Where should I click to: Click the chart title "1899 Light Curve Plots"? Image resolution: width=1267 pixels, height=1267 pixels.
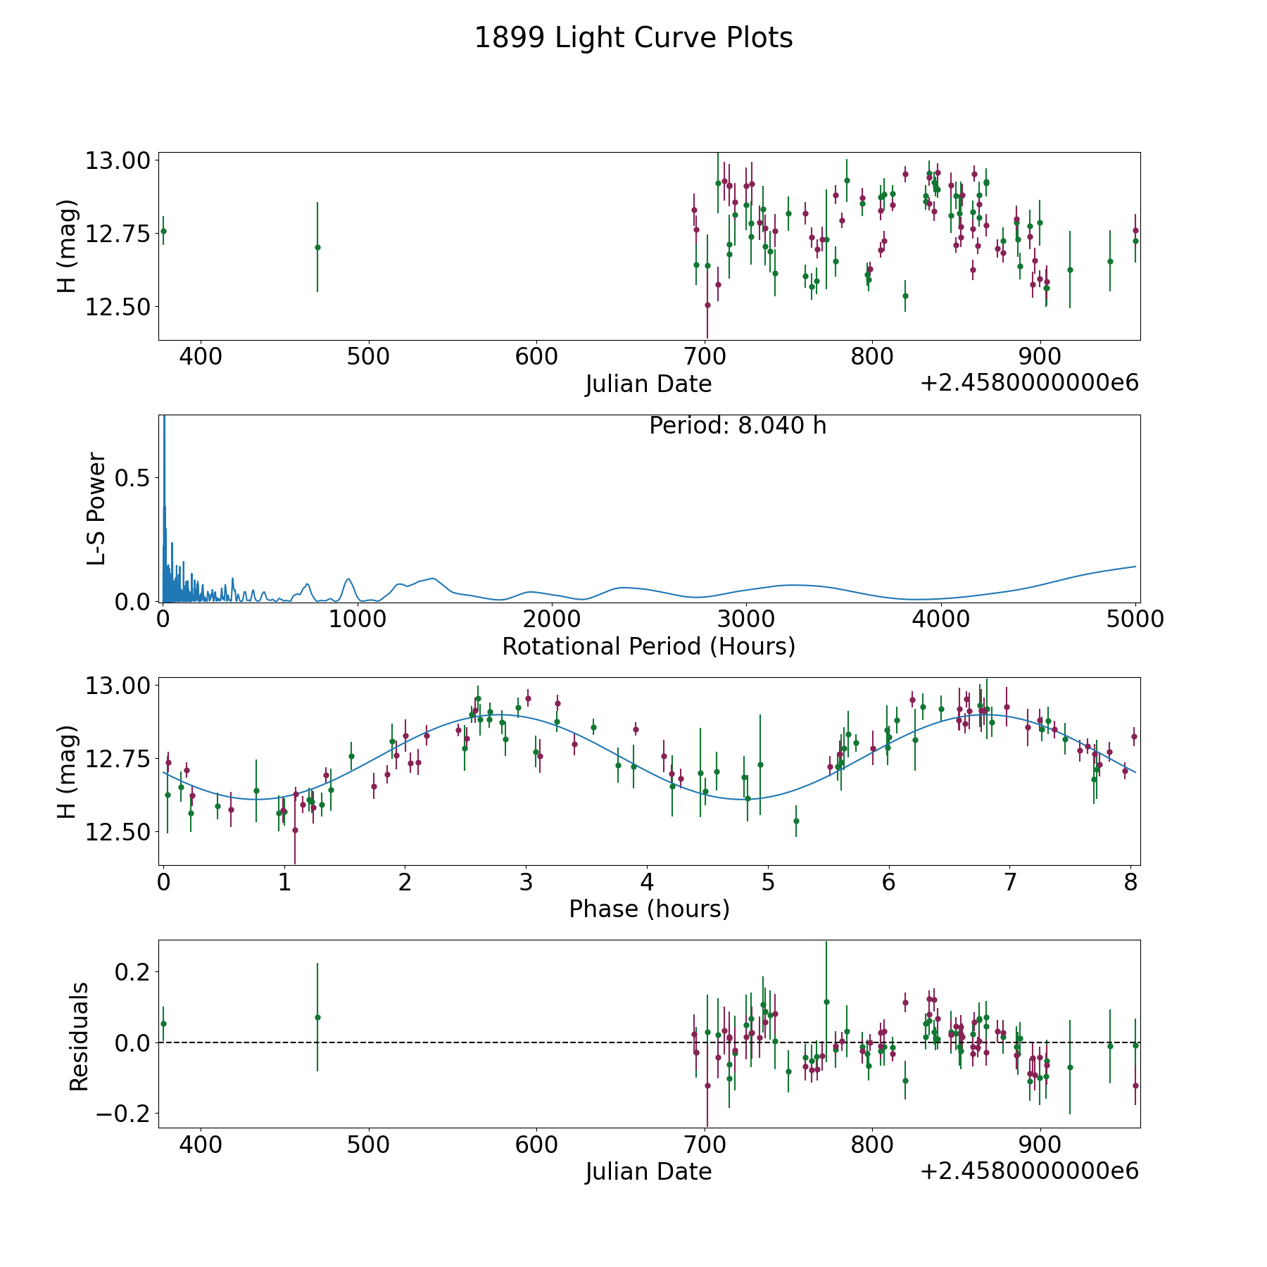coord(633,38)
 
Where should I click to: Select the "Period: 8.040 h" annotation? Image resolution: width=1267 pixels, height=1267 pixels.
coord(737,426)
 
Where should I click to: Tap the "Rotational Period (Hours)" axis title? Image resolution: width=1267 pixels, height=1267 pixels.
coord(648,646)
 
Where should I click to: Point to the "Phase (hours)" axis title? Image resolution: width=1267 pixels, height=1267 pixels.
coord(648,909)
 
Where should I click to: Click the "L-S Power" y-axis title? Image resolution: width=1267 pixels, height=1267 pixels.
coord(96,508)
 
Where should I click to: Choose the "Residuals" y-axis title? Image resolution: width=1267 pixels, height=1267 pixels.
coord(79,1036)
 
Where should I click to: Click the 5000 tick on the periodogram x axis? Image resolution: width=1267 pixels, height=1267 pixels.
coord(1135,619)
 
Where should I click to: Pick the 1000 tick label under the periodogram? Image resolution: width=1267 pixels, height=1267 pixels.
coord(358,619)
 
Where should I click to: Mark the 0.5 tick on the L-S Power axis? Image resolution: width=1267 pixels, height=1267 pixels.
coord(133,478)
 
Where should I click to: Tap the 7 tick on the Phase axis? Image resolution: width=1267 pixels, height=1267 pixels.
coord(1010,882)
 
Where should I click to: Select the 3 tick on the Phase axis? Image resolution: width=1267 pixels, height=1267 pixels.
coord(526,882)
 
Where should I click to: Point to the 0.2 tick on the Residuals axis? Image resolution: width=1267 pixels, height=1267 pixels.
coord(133,972)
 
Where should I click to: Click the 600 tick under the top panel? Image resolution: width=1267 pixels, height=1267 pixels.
coord(536,357)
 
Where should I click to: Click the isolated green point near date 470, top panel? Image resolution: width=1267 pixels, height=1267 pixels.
coord(317,247)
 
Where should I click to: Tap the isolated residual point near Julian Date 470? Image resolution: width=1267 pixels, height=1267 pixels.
coord(317,1017)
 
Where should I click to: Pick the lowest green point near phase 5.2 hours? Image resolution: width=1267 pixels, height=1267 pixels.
coord(796,821)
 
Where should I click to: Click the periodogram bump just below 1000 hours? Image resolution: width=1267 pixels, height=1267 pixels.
coord(348,579)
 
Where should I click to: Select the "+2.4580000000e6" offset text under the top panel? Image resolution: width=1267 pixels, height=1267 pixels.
coord(1029,383)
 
